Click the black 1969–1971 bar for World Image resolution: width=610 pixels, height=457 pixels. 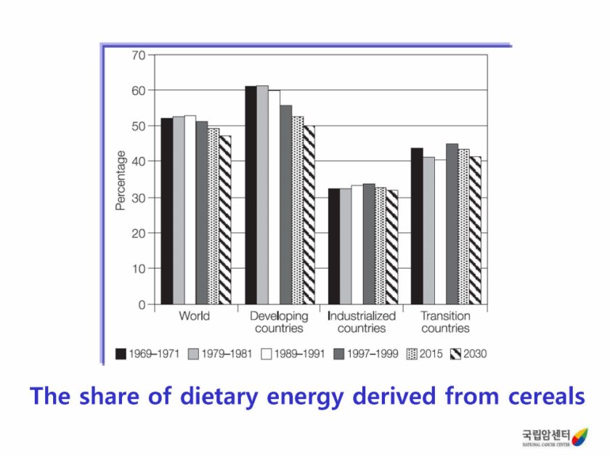tap(166, 211)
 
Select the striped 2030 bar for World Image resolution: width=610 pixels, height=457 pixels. tap(225, 219)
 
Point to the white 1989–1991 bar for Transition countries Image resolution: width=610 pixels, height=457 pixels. tap(440, 232)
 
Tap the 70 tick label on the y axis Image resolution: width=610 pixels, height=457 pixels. tap(138, 55)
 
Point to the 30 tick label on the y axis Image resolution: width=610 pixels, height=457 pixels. tap(138, 198)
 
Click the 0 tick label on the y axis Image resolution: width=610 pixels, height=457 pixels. tap(141, 304)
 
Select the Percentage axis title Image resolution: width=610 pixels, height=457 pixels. tap(121, 181)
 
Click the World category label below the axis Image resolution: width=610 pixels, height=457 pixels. tap(194, 317)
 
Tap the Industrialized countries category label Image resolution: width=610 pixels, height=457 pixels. tap(362, 322)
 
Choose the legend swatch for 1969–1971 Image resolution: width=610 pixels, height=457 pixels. tap(121, 355)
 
